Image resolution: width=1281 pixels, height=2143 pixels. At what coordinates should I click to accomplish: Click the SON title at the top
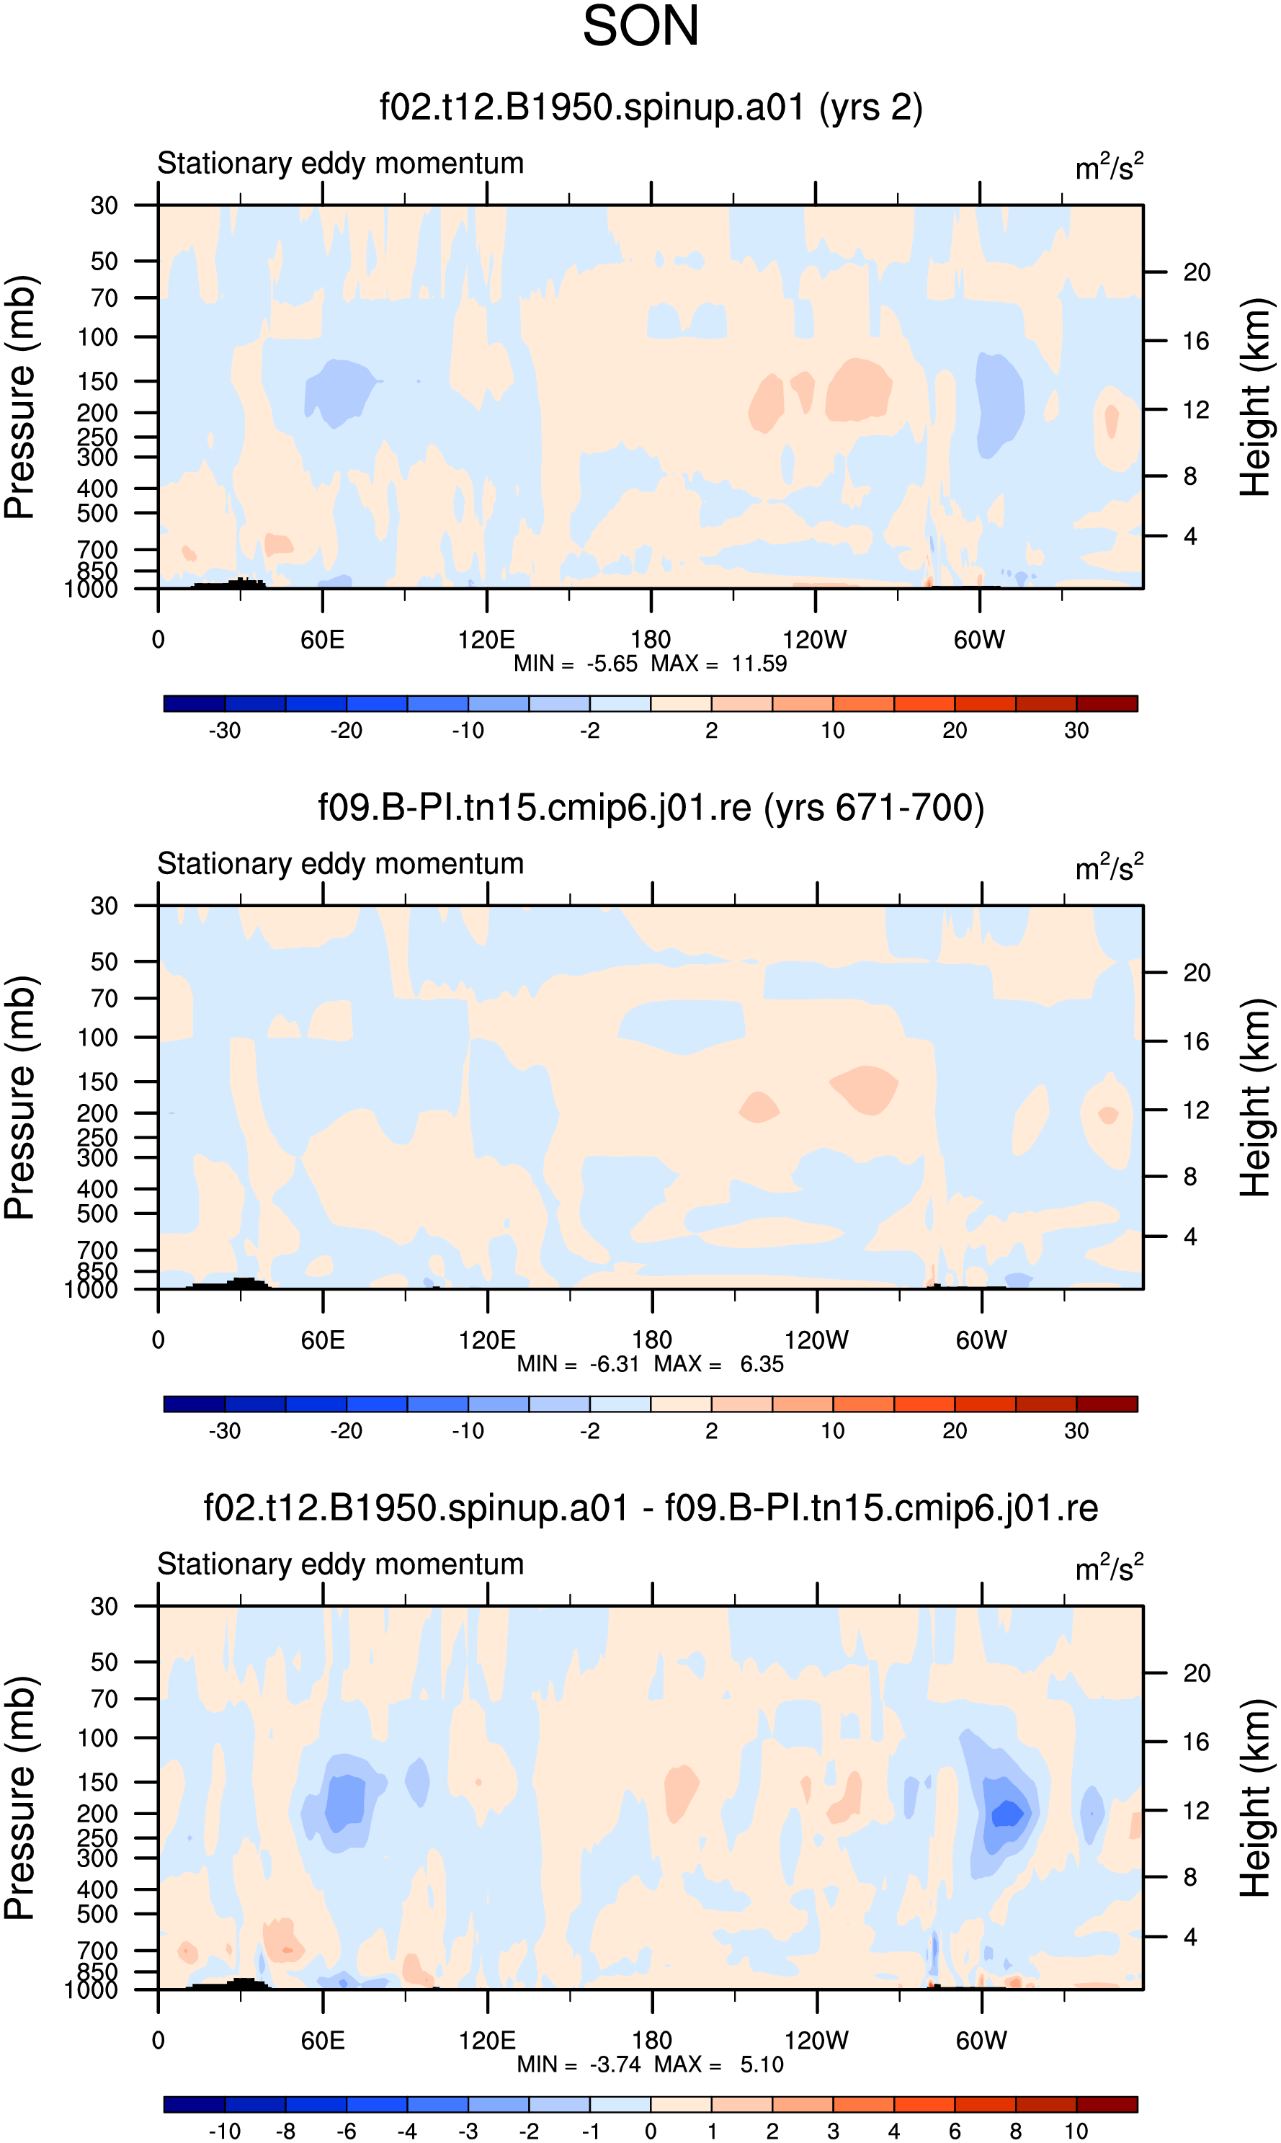pyautogui.click(x=640, y=26)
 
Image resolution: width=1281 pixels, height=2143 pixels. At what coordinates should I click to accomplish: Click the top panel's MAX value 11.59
pyautogui.click(x=759, y=664)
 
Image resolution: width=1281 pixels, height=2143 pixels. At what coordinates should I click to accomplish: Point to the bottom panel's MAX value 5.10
pyautogui.click(x=762, y=2064)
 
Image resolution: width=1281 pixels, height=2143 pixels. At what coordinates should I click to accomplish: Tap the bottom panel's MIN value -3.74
pyautogui.click(x=615, y=2064)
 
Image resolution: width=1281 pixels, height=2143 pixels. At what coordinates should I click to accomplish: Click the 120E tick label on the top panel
pyautogui.click(x=486, y=640)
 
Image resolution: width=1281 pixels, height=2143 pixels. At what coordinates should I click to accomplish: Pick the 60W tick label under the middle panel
pyautogui.click(x=981, y=1340)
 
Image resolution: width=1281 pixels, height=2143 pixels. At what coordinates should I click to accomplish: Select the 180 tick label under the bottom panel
pyautogui.click(x=652, y=2041)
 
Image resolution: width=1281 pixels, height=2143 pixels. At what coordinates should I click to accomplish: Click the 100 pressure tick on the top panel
pyautogui.click(x=97, y=337)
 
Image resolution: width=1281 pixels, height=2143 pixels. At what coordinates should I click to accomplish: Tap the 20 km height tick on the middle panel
pyautogui.click(x=1197, y=973)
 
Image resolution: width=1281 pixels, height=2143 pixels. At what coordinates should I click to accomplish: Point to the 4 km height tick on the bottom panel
pyautogui.click(x=1190, y=1938)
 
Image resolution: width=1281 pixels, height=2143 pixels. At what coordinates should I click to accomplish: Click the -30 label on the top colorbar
pyautogui.click(x=225, y=730)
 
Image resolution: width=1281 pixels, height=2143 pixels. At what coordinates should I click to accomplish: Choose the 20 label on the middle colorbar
pyautogui.click(x=955, y=1431)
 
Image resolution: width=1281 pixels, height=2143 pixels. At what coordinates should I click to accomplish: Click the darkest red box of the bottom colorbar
pyautogui.click(x=1107, y=2104)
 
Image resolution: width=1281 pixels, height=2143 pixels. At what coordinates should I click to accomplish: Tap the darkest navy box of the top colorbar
pyautogui.click(x=195, y=703)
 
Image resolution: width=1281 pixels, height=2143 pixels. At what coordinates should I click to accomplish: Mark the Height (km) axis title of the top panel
pyautogui.click(x=1256, y=397)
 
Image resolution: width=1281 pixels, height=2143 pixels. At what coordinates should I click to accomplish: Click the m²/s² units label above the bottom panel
pyautogui.click(x=1110, y=1567)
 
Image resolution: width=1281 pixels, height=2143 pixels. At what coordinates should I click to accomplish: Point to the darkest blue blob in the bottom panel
pyautogui.click(x=1007, y=1813)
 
